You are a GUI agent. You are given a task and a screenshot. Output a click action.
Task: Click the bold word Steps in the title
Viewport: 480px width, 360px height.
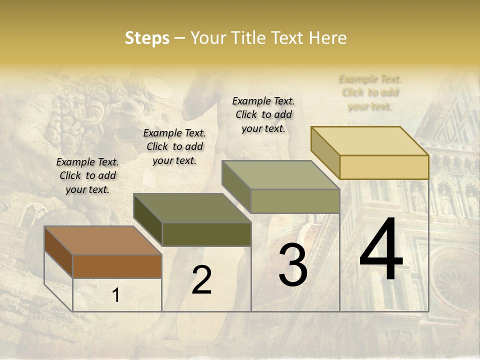pos(147,38)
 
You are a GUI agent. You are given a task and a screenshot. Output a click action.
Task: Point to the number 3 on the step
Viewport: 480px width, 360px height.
pos(293,265)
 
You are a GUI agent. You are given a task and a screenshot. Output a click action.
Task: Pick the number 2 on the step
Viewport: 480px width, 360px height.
pos(201,280)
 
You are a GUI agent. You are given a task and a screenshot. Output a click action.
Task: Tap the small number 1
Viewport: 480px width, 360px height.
pos(116,295)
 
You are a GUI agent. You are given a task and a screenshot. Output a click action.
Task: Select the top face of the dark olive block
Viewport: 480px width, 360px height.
pos(192,208)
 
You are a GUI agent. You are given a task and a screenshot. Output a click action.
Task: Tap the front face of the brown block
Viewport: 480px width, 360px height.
pos(117,266)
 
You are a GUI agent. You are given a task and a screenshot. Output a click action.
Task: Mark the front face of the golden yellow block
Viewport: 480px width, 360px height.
pos(384,167)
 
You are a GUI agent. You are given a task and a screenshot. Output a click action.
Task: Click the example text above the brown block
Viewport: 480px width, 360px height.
pos(87,175)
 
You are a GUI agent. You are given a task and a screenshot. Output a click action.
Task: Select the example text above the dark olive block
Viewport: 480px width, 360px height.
pos(174,146)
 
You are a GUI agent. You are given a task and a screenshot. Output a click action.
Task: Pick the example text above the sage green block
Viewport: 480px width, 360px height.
pos(263,114)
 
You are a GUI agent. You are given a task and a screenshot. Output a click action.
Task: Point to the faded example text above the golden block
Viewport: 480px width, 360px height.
pos(370,92)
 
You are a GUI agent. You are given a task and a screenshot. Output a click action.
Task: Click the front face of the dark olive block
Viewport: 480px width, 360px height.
pos(206,234)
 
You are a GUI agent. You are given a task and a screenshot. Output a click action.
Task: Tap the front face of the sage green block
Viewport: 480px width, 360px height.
pos(295,201)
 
